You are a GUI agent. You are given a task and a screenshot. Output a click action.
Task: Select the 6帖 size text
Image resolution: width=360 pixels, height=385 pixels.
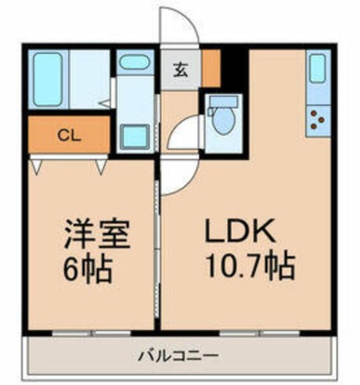pos(89,269)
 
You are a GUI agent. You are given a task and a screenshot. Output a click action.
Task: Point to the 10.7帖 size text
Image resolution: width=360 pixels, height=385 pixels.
pos(249,269)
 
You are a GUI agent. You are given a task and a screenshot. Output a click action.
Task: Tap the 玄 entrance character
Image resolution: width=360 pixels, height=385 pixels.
pos(180,68)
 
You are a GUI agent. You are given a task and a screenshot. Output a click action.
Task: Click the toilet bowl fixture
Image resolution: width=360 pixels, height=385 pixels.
pos(222,119)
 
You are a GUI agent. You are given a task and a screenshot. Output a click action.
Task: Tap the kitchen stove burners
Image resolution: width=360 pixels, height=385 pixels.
pos(318,118)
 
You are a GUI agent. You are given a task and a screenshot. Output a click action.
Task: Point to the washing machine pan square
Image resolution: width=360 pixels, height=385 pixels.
pos(136,134)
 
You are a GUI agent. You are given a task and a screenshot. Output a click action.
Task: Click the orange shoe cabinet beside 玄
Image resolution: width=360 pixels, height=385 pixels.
pos(212,67)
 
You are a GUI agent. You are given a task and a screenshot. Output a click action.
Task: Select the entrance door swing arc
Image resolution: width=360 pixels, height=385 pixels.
pos(177,28)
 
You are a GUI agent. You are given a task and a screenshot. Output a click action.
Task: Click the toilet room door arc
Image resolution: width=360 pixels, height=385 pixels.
pos(186,132)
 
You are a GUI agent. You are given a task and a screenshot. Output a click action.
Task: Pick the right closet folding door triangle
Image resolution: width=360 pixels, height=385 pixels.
pos(100,165)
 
